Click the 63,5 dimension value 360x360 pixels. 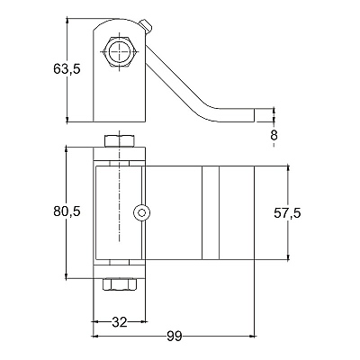tap(67, 69)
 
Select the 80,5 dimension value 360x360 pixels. tap(67, 211)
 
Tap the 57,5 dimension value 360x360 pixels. tap(287, 213)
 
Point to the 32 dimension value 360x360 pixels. tap(120, 322)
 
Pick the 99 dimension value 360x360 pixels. tap(175, 337)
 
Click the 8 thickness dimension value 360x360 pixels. tap(274, 135)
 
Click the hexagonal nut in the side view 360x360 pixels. tap(120, 52)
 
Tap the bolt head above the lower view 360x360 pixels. tap(120, 141)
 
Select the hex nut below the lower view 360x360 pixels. tap(120, 284)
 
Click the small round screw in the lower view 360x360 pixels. tap(141, 212)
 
